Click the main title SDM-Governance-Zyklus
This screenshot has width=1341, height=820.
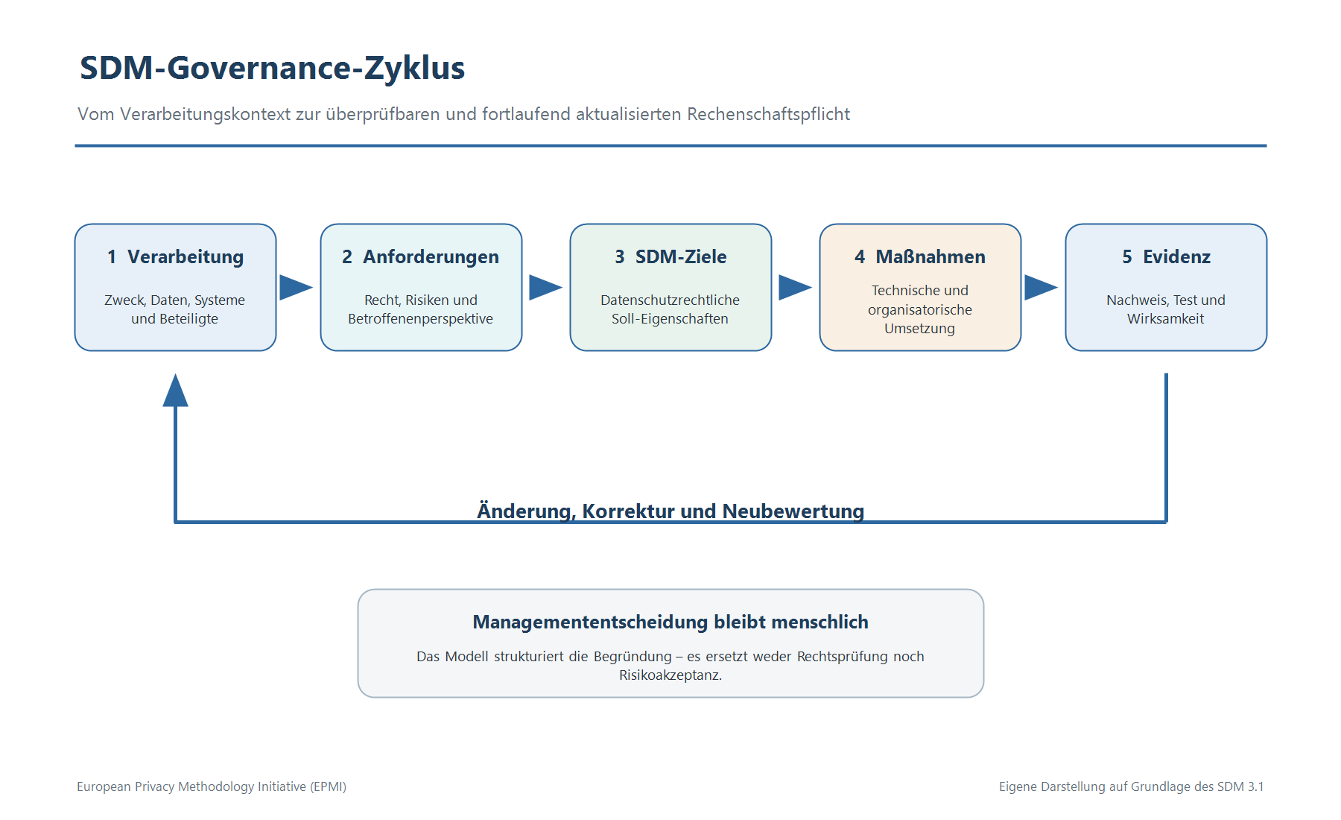click(x=272, y=68)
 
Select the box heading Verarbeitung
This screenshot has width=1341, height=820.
click(x=186, y=257)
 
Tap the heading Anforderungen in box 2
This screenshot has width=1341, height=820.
click(x=431, y=257)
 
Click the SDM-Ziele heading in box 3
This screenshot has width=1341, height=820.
click(x=681, y=257)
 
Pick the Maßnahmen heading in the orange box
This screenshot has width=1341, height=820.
click(x=931, y=257)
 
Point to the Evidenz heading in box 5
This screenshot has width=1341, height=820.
click(x=1177, y=257)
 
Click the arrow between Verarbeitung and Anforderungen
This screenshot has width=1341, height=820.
click(x=297, y=287)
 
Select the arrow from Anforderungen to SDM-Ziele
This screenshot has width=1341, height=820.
click(x=546, y=287)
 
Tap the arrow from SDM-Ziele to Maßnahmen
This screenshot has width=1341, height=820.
click(x=796, y=287)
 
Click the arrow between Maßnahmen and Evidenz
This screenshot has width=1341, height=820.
click(x=1042, y=287)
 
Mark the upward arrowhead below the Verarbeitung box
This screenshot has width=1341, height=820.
click(x=176, y=390)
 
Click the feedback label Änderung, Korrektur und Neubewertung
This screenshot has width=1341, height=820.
click(x=670, y=511)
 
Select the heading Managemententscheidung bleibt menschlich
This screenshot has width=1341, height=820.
click(x=670, y=622)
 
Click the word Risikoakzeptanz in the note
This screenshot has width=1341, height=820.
click(x=670, y=675)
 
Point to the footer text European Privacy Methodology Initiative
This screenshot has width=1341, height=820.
click(x=212, y=786)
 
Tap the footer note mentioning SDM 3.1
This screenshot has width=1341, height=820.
click(x=1131, y=786)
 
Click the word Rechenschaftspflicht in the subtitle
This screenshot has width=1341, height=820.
click(x=768, y=115)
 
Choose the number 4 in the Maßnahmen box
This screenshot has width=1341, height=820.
click(x=860, y=257)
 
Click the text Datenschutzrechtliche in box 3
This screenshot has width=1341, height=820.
click(x=670, y=300)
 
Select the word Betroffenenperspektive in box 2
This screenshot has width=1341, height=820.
click(x=421, y=319)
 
